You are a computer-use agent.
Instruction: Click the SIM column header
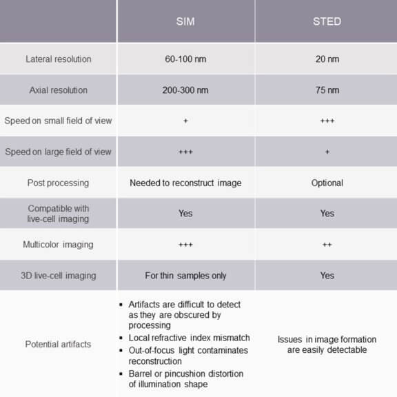185,21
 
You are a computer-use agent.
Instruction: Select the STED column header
327,21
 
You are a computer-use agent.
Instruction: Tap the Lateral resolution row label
58,59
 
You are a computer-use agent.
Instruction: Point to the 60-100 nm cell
185,59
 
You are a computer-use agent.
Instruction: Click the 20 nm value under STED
327,59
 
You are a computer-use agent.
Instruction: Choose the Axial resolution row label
58,90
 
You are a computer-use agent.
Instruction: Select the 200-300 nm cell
185,90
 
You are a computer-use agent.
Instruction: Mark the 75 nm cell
327,90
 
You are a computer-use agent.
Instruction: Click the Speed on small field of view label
58,121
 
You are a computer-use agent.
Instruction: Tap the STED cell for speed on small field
327,121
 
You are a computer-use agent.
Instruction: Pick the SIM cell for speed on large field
185,152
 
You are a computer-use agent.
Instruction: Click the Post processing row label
58,183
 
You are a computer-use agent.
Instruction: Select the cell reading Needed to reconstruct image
185,183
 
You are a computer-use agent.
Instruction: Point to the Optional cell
327,183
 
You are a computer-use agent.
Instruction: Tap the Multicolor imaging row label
58,244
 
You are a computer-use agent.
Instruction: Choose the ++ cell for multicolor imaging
327,244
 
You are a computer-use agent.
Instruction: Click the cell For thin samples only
185,275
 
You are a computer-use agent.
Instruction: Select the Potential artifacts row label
58,344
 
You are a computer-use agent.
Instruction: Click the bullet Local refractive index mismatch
189,338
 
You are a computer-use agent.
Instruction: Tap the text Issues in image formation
327,339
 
